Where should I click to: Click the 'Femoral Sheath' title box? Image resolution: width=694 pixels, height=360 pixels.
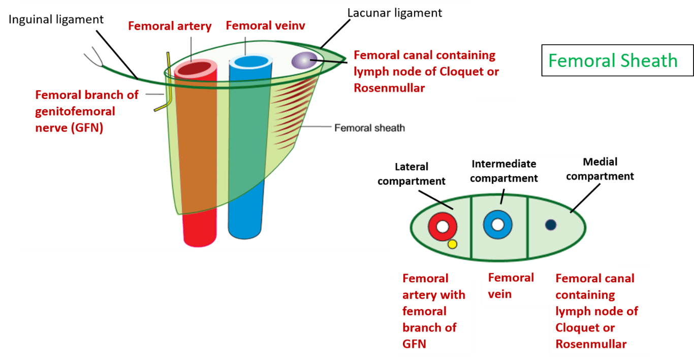617,60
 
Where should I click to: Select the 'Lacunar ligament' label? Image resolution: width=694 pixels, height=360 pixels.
394,13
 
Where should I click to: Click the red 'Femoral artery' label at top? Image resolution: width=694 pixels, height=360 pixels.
170,26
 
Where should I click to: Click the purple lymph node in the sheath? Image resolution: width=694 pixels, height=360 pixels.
303,60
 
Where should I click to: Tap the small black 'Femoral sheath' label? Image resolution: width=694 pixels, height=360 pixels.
369,127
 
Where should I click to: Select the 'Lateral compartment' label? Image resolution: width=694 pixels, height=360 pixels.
411,174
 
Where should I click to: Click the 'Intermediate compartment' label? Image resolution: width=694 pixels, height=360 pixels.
504,171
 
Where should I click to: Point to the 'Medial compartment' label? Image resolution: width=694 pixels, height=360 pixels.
600,169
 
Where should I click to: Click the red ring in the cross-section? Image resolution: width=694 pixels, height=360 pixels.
442,226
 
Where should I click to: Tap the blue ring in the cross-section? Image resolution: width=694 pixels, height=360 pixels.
497,224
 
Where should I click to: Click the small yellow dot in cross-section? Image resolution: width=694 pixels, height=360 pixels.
452,244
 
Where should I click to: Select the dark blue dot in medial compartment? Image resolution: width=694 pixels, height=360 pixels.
550,224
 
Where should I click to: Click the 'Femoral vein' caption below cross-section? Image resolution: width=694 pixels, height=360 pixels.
511,285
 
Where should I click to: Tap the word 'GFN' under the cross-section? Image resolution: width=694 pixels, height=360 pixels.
414,344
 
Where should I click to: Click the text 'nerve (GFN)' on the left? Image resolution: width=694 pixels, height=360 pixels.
69,127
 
